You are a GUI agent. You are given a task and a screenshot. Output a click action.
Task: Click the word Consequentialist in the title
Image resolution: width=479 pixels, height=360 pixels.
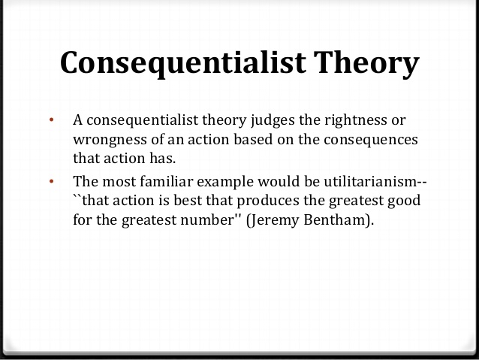[x=183, y=63]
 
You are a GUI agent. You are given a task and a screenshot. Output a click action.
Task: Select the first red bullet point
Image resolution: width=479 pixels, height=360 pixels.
[x=51, y=119]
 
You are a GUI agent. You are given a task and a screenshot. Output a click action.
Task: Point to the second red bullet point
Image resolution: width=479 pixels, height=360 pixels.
[x=51, y=181]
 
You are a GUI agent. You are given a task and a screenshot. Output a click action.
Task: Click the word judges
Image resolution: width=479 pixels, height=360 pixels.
[x=273, y=120]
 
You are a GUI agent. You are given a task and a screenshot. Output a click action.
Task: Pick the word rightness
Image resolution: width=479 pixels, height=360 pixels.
[x=356, y=120]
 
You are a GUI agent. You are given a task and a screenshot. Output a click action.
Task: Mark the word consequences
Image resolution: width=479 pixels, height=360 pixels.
[x=371, y=141]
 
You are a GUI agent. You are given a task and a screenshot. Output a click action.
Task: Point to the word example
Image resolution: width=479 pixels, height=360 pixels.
[x=225, y=183]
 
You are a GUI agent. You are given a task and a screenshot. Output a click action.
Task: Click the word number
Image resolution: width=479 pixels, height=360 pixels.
[x=206, y=220]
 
